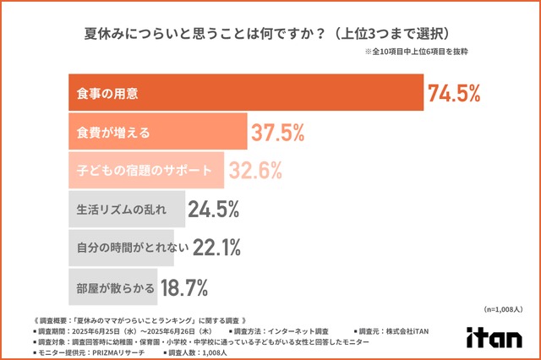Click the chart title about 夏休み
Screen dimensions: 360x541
270,35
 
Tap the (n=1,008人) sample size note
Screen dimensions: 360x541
504,310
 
